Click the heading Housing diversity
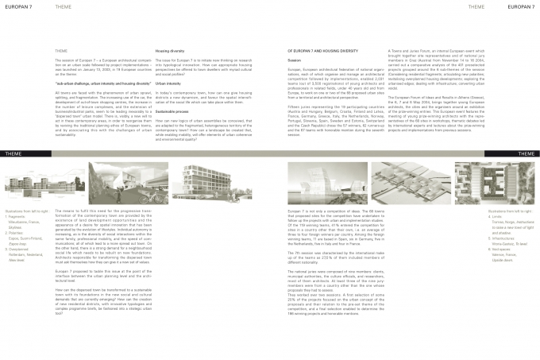(x=171, y=50)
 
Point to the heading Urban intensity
(x=168, y=83)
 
